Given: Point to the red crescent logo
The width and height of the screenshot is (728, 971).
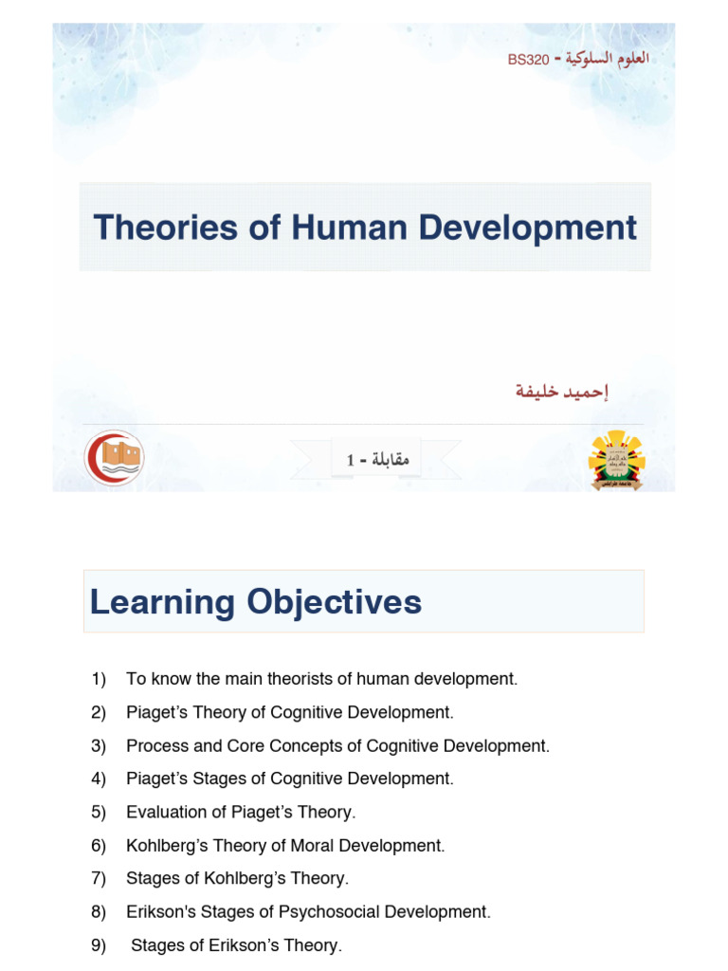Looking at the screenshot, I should [x=114, y=457].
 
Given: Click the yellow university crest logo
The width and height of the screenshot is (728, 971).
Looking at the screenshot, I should [x=616, y=460].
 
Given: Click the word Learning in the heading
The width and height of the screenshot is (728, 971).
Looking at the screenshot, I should [x=162, y=602].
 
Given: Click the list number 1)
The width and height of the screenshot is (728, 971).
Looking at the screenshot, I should [x=100, y=679].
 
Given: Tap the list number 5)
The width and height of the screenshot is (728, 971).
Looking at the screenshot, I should [x=100, y=812].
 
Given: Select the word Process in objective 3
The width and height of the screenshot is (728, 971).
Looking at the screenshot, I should [x=154, y=745].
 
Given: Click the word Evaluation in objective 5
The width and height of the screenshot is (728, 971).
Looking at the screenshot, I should [x=162, y=812].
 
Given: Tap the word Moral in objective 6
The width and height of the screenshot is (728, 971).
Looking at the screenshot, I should [x=303, y=845].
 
